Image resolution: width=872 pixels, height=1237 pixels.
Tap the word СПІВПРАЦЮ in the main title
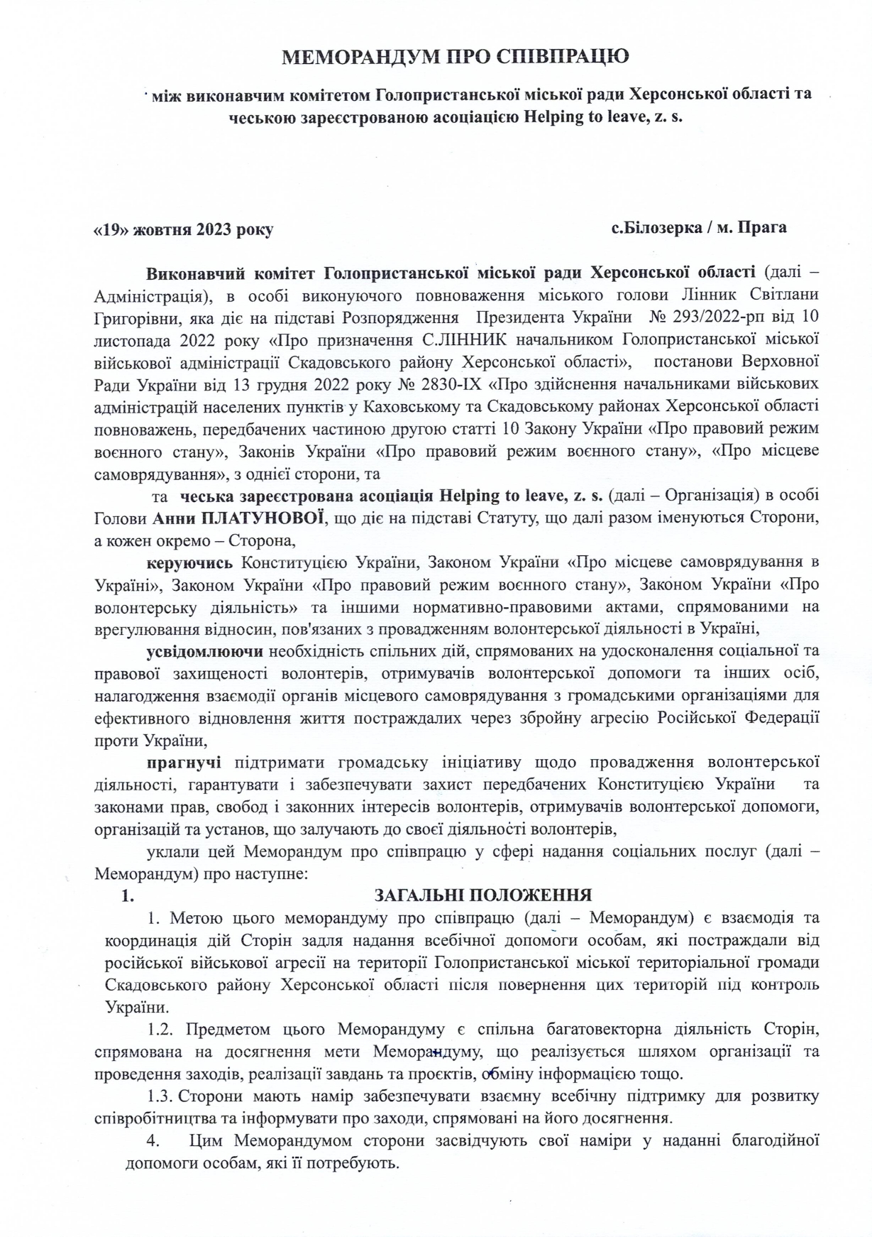click(x=560, y=57)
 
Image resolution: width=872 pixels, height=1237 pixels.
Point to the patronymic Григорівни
click(x=129, y=315)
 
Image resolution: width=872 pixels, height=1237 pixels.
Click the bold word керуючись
click(x=189, y=563)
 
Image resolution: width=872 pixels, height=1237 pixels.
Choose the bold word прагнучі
click(x=184, y=763)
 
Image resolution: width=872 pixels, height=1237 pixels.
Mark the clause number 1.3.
click(x=160, y=1096)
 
